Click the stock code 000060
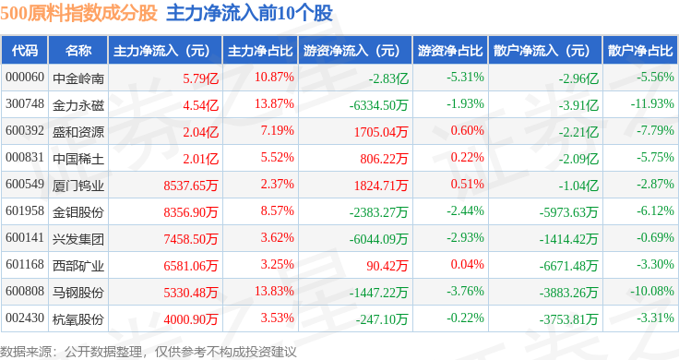click(x=25, y=78)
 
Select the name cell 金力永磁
click(x=78, y=105)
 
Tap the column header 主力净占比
click(x=260, y=51)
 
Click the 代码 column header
click(x=25, y=51)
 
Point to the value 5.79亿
click(x=200, y=78)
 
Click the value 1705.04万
click(x=381, y=132)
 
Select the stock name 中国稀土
click(x=78, y=159)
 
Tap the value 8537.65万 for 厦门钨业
click(x=191, y=186)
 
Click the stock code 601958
click(x=25, y=211)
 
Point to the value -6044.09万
click(x=379, y=239)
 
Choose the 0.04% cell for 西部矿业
click(x=467, y=264)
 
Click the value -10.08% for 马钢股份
click(x=651, y=291)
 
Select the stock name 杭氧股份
click(x=78, y=319)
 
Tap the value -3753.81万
click(x=568, y=319)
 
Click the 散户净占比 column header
click(x=640, y=51)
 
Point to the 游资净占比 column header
click(x=450, y=51)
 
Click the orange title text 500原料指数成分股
click(x=78, y=13)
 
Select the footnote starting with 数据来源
click(x=149, y=352)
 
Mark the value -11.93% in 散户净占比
click(x=652, y=104)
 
